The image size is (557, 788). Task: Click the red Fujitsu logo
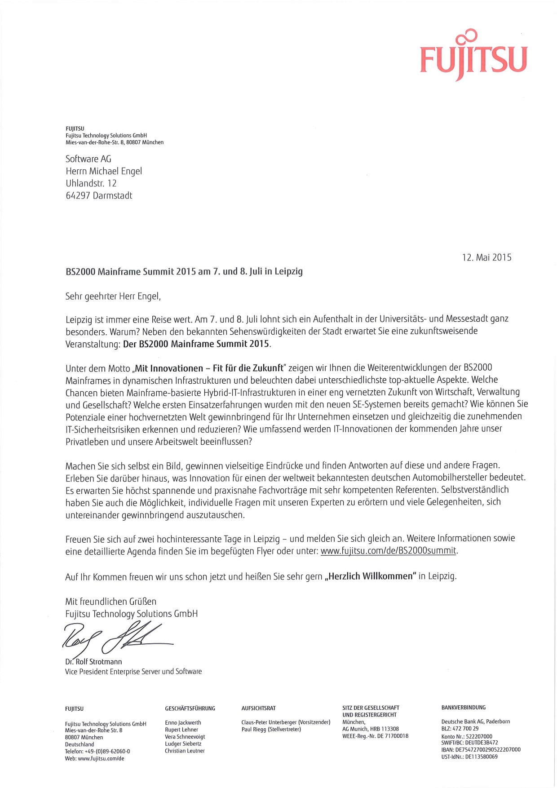[473, 57]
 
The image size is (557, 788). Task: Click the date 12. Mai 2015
[486, 257]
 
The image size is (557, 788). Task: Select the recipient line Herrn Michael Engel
[104, 171]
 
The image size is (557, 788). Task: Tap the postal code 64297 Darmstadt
[99, 195]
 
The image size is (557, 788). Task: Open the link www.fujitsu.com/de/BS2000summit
[389, 551]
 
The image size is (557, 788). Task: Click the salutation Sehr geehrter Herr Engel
[113, 296]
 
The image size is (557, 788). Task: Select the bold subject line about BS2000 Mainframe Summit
[184, 271]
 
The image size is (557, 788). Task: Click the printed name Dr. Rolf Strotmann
[93, 662]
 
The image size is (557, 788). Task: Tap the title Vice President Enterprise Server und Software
[133, 672]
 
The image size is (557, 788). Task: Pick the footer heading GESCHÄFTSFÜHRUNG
[190, 708]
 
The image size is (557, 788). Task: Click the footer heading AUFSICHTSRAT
[258, 708]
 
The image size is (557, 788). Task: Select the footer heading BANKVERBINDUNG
[464, 708]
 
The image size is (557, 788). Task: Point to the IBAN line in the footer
[481, 749]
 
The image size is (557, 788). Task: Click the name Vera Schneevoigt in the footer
[185, 737]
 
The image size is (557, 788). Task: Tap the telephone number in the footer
[97, 751]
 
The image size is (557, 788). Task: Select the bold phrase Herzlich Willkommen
[371, 576]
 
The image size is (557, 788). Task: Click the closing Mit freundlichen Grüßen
[111, 602]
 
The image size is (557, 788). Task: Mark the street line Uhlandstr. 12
[91, 183]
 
